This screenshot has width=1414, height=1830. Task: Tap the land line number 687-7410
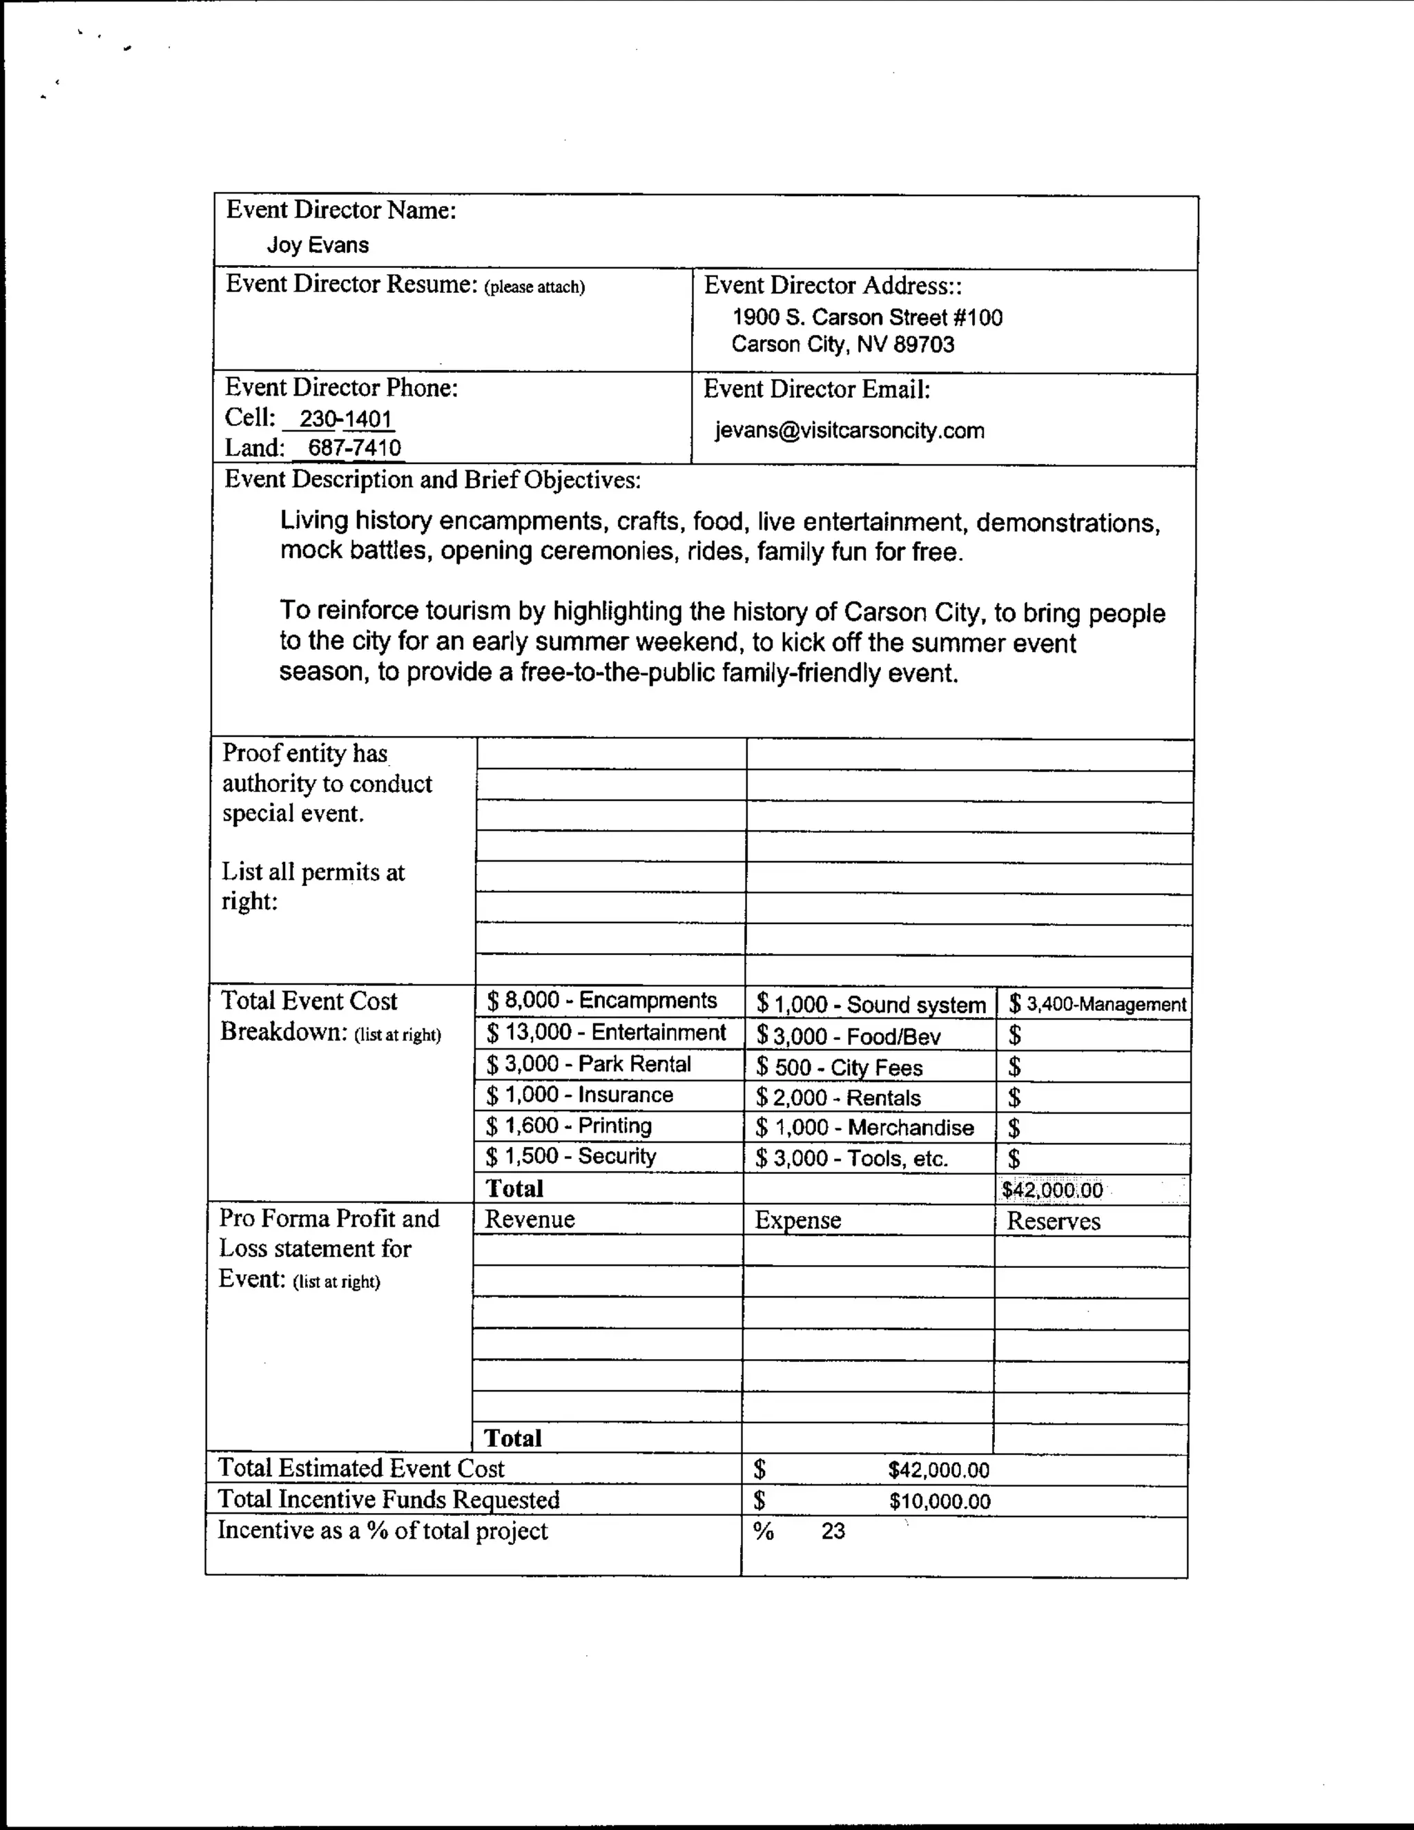click(x=353, y=447)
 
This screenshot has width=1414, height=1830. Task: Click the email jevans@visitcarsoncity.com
click(x=849, y=431)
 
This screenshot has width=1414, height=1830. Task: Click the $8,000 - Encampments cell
click(x=601, y=1001)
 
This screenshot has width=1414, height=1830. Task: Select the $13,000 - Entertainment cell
click(x=606, y=1032)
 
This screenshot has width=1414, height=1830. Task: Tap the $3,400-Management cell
click(x=1097, y=1004)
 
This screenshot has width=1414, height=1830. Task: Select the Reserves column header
click(x=1053, y=1222)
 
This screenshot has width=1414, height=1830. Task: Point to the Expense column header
click(x=797, y=1221)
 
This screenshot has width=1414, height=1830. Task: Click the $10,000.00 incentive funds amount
click(x=939, y=1501)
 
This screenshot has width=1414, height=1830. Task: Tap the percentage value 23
click(x=833, y=1532)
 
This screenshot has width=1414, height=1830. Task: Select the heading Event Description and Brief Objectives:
click(x=432, y=479)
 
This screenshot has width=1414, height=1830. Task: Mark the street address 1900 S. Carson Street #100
click(x=867, y=318)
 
